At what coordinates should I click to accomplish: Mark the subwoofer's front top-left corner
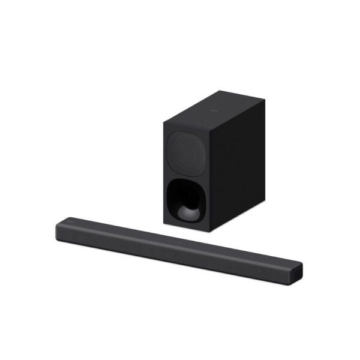coord(163,122)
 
